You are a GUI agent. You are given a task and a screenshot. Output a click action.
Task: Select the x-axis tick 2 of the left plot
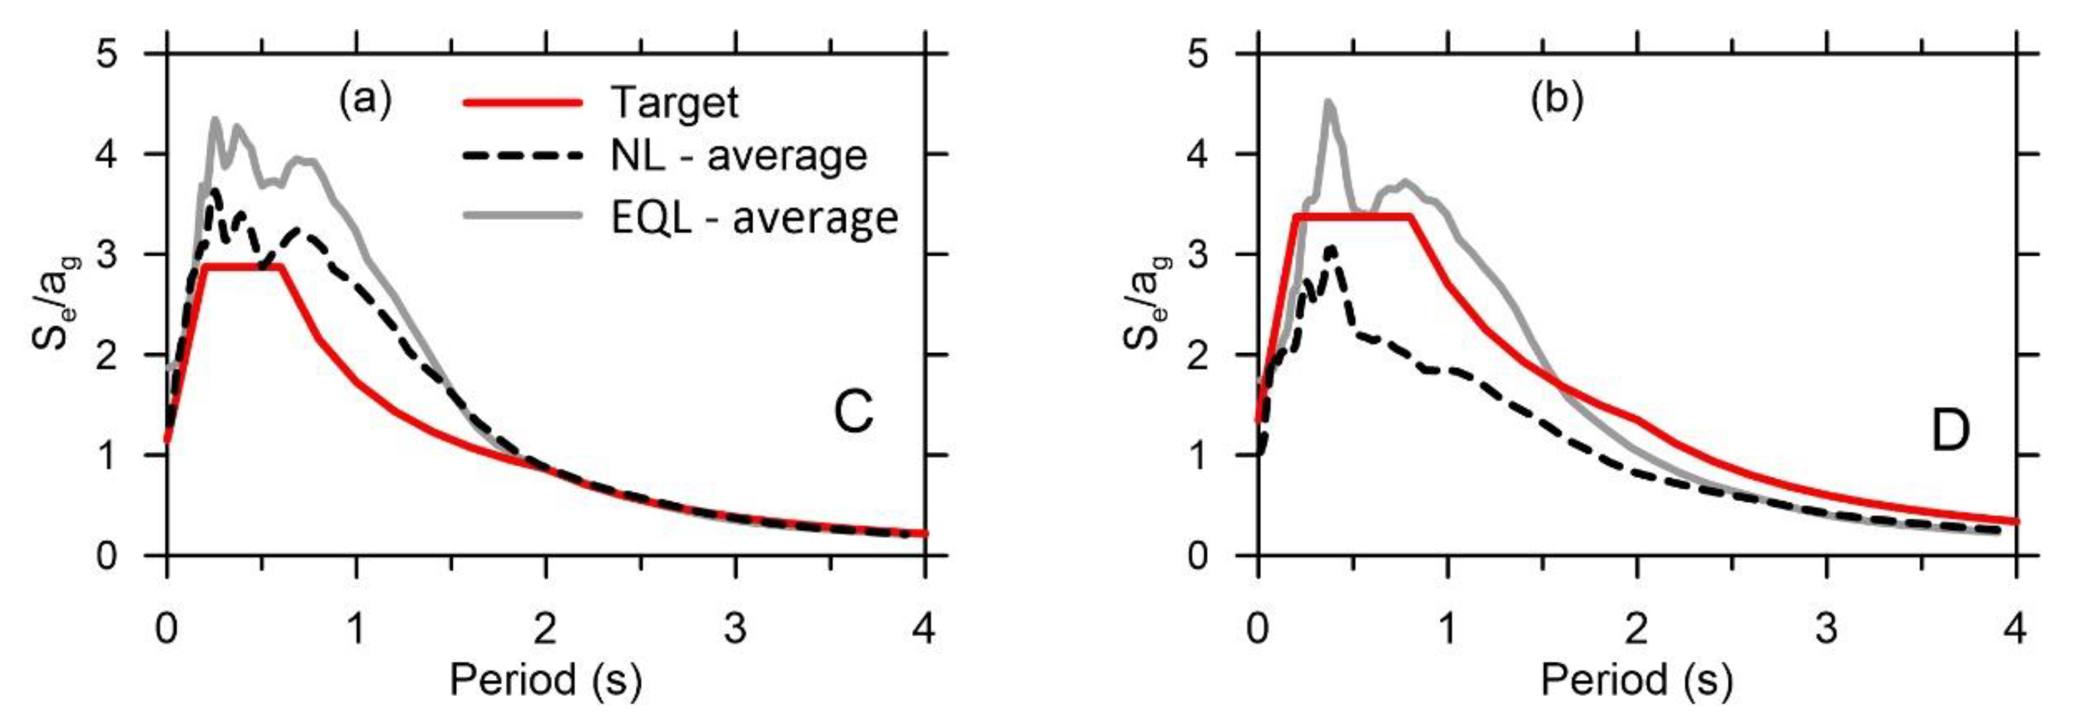point(545,628)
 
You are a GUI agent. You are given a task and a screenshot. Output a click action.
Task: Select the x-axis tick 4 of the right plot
point(2016,628)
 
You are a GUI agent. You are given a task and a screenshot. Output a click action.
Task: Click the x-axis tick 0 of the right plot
point(1258,628)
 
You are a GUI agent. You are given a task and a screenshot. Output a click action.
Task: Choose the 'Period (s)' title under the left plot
point(545,680)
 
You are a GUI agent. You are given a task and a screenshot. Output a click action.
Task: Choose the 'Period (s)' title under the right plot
point(1637,680)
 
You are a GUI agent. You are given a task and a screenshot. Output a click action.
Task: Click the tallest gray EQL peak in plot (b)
point(1328,102)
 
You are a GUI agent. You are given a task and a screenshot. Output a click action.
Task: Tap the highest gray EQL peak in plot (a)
point(215,120)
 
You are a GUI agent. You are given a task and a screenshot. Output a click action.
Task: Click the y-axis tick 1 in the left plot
point(107,456)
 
